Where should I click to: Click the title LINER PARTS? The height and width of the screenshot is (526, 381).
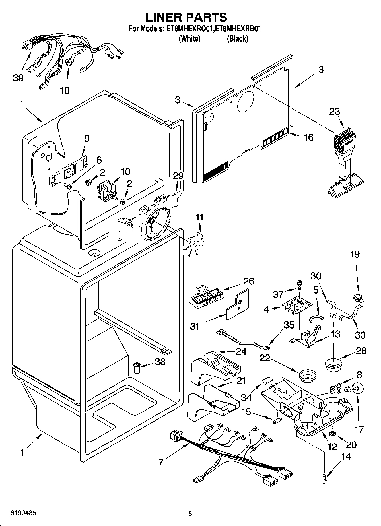186,17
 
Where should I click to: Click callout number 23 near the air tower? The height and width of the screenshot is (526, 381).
335,111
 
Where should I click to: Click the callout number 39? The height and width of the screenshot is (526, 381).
18,78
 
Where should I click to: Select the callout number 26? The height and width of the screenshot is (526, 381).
248,281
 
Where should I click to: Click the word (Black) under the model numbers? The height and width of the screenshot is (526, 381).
237,39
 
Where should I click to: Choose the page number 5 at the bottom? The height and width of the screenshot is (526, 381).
190,514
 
